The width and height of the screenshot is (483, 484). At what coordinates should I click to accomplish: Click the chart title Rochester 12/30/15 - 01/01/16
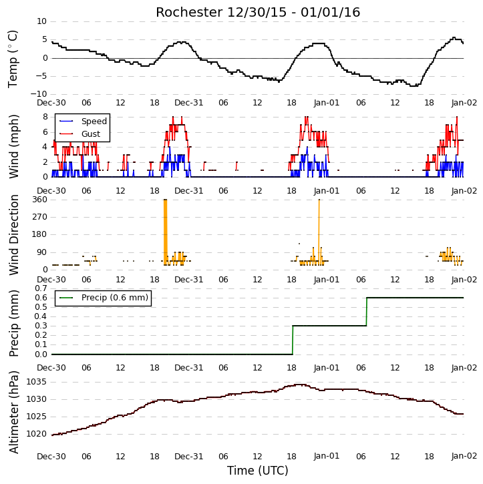point(258,12)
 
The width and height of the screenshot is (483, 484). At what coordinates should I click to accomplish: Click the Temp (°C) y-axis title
point(13,59)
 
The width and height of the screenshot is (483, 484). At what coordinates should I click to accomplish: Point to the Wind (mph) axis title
point(13,146)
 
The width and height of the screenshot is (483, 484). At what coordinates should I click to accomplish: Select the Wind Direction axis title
point(13,235)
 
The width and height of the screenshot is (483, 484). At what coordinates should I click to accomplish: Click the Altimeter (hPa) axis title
point(13,412)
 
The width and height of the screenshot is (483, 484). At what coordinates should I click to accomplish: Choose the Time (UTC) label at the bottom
point(258,471)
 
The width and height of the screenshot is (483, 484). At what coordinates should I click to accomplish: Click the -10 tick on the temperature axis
point(38,94)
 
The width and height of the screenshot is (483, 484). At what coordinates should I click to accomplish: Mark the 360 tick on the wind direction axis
point(39,200)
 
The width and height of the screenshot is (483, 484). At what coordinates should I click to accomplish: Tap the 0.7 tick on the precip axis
point(41,288)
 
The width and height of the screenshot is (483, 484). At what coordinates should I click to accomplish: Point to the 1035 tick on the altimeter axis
point(37,382)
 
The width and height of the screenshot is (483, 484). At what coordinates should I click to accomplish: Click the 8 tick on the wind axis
point(45,117)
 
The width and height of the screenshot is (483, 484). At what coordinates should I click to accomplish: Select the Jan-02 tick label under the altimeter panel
point(464,456)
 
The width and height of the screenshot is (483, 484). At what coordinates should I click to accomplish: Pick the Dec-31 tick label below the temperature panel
point(188,103)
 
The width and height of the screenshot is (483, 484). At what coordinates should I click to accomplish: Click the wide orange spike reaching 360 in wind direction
point(165,232)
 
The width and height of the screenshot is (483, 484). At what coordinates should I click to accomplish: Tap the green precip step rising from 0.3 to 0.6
point(367,312)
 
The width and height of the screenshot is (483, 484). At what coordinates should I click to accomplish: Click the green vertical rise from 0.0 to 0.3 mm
point(293,340)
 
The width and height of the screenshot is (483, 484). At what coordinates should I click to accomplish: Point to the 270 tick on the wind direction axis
point(39,217)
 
